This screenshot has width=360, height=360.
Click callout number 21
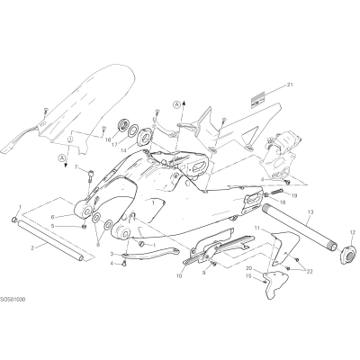[x=290, y=85]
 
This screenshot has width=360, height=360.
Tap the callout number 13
[x=310, y=212]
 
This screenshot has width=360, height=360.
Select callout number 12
[x=352, y=232]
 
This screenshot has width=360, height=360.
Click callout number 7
[x=76, y=166]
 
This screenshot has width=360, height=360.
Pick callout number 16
[x=108, y=139]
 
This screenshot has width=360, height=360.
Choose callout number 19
[x=294, y=195]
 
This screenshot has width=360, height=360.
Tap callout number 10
[x=179, y=276]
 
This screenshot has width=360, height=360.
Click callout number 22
[x=310, y=272]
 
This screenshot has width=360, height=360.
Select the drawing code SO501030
[x=13, y=300]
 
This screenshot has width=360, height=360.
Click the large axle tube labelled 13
[x=302, y=227]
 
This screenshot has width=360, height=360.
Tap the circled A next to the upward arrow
[x=177, y=104]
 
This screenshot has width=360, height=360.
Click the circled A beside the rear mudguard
[x=62, y=157]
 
